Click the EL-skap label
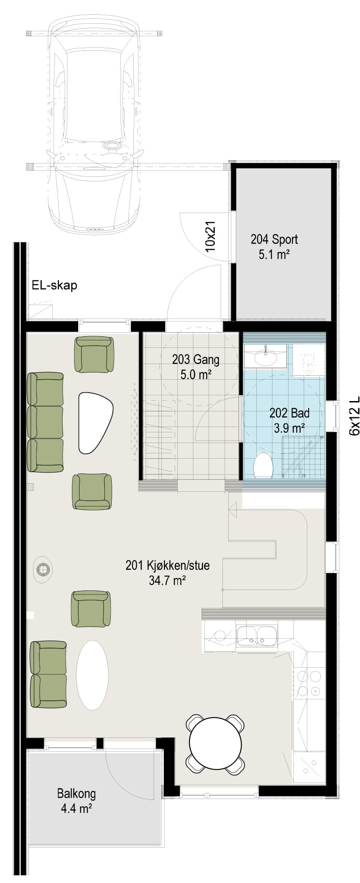[x=54, y=285]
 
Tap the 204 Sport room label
[x=274, y=247]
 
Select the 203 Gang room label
[x=196, y=366]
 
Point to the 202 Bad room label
[x=289, y=420]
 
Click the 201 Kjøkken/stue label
[x=167, y=573]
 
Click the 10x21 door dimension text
[x=211, y=237]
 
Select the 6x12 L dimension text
[x=354, y=415]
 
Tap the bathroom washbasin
[x=266, y=356]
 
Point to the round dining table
[x=216, y=741]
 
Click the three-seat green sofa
[x=45, y=422]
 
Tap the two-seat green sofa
[x=48, y=674]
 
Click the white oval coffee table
[x=92, y=675]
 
